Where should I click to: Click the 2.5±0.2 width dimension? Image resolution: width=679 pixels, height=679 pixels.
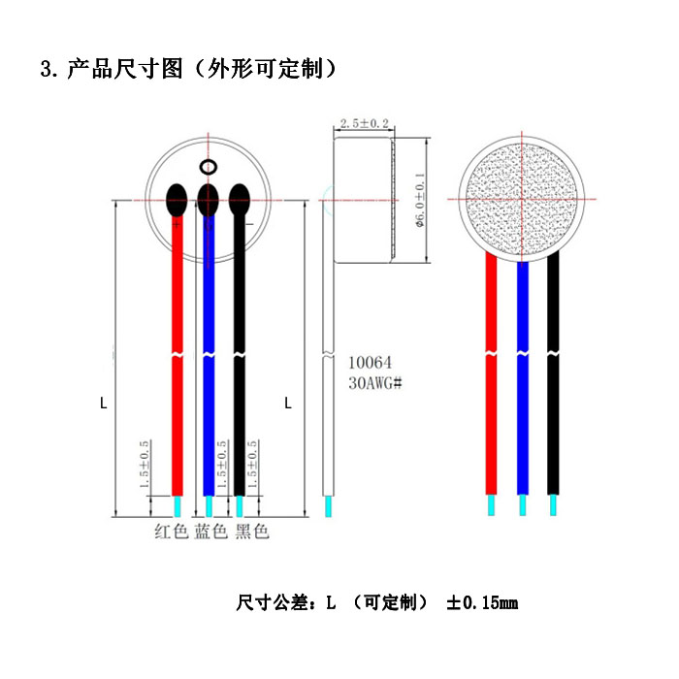point(363,124)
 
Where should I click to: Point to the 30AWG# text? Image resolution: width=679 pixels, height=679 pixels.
point(374,383)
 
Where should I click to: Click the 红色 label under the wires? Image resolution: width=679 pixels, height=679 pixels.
point(172,532)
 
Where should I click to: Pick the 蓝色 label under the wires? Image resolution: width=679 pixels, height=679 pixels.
point(211,532)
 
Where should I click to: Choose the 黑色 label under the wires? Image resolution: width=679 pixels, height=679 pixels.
point(251,532)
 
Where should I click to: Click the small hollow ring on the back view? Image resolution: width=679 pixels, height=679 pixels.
point(208,168)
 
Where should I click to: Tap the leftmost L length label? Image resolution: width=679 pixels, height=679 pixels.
point(104,403)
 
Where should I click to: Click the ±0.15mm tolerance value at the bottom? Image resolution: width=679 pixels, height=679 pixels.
point(481,603)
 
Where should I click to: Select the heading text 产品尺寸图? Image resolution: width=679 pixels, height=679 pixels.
point(124,70)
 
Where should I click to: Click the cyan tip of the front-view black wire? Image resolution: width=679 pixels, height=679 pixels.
point(553,505)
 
